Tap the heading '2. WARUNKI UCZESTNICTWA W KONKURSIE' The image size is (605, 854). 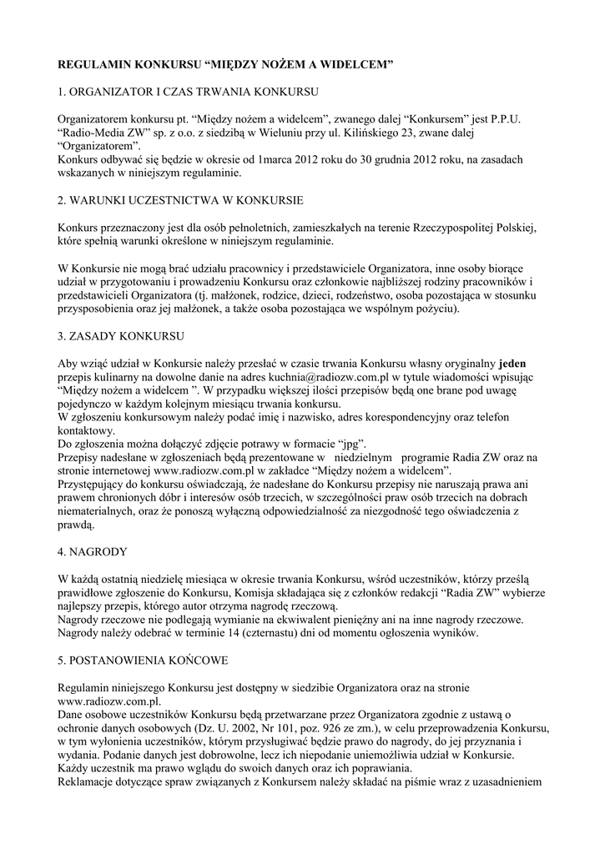tap(179, 201)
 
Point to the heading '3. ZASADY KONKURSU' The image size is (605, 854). tap(121, 338)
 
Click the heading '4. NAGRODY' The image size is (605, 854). tap(93, 551)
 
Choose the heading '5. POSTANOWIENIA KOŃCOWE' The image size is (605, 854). tap(144, 660)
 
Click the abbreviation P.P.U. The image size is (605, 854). tap(502, 118)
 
